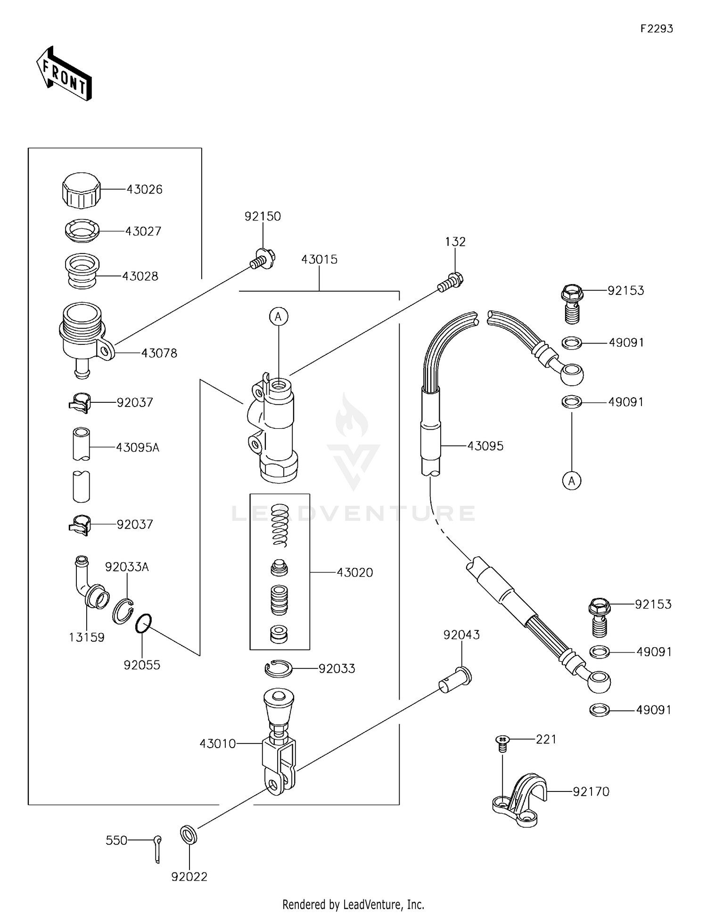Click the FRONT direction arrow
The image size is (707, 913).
(64, 74)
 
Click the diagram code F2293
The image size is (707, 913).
(657, 29)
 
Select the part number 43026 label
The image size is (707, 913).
(144, 189)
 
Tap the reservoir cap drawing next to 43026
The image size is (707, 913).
(81, 191)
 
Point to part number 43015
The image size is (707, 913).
(319, 260)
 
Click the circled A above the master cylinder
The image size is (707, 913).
(279, 317)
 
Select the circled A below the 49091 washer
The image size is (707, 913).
(572, 481)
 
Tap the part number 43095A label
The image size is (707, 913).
(138, 448)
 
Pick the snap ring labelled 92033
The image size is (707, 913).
(279, 668)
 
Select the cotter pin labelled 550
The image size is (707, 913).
(157, 848)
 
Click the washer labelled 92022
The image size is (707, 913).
(189, 835)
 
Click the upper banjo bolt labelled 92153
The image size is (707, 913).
(572, 304)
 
